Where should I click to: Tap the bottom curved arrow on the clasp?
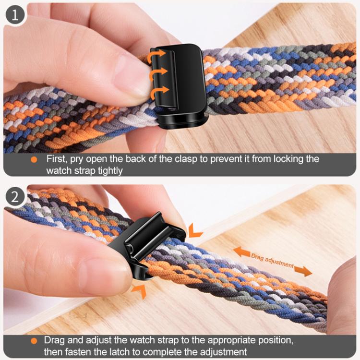(160, 91)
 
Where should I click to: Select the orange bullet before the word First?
(34, 159)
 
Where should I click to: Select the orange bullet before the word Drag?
(34, 341)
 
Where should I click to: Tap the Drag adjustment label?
(272, 261)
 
